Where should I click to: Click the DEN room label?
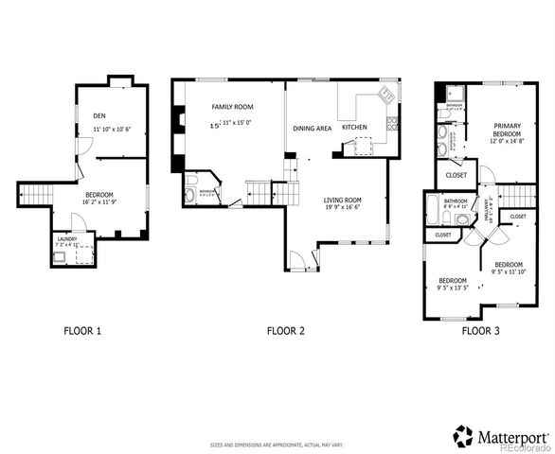[x=98, y=115]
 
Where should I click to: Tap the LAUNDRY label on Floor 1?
[x=65, y=239]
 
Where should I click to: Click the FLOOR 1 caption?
[x=81, y=331]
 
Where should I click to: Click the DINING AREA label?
[x=312, y=127]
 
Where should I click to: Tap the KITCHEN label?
[x=354, y=127]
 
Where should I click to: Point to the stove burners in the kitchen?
[x=391, y=123]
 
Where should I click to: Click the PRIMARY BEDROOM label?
[x=508, y=130]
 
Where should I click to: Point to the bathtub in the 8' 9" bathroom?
[x=434, y=208]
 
